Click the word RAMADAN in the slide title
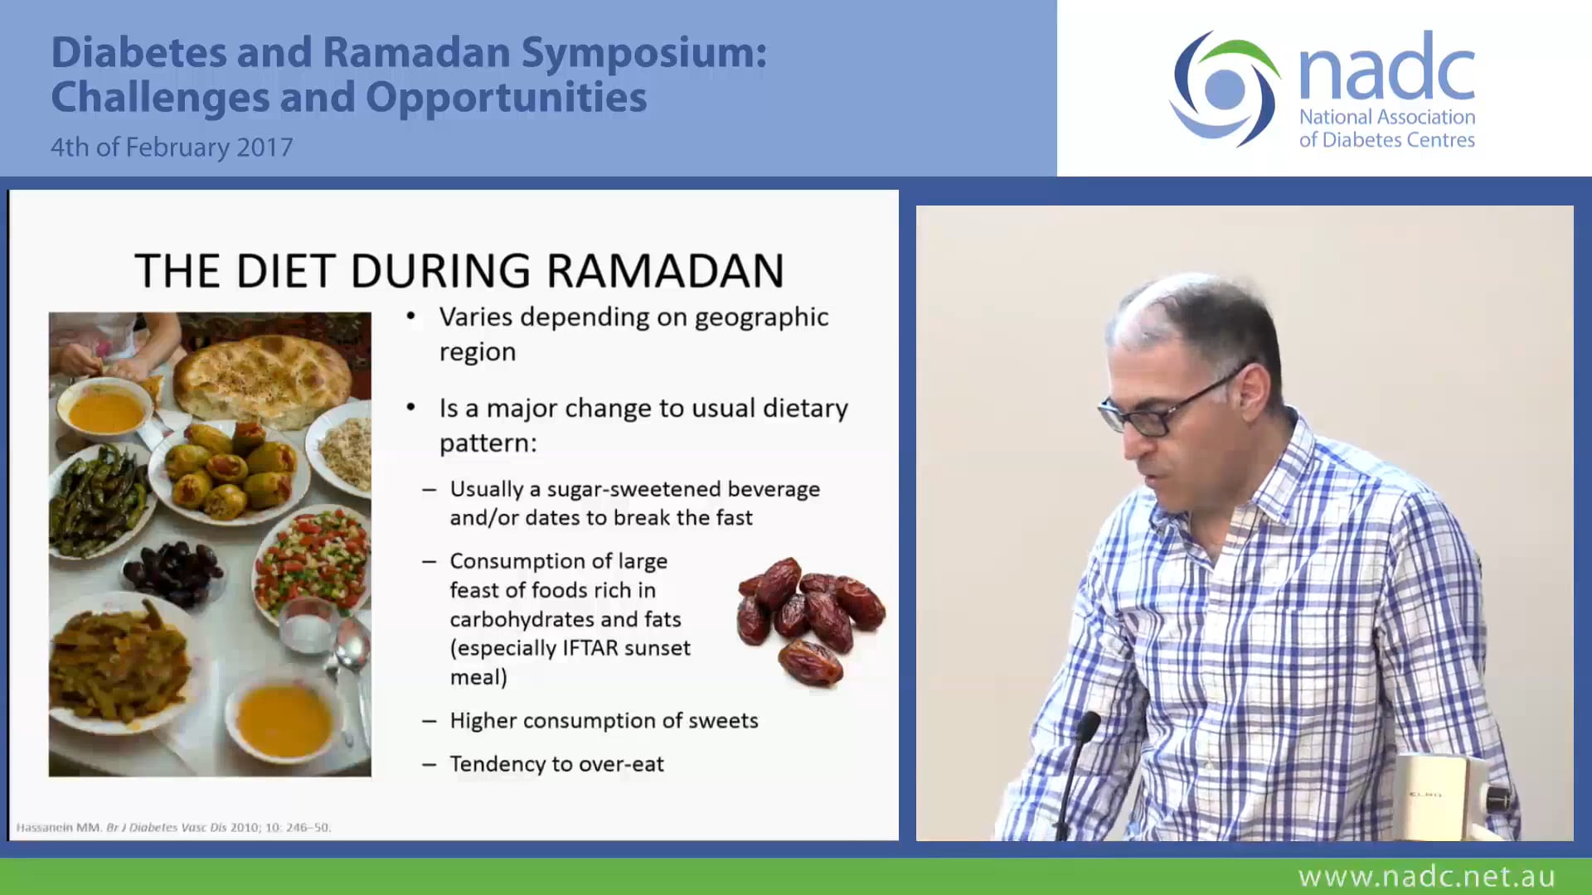665,271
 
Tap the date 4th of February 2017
172,147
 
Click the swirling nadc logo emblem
1225,89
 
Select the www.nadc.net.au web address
1426,876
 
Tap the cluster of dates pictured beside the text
808,617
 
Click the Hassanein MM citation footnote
174,827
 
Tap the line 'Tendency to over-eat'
556,764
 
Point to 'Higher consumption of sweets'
604,721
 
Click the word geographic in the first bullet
761,317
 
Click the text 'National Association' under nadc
1386,117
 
